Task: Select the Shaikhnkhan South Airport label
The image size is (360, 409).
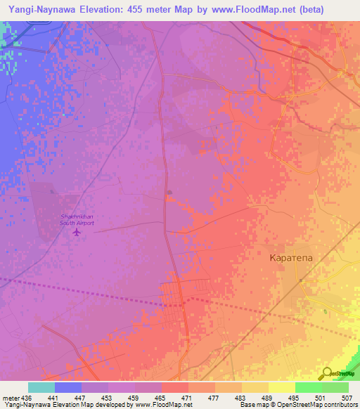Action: tap(76, 219)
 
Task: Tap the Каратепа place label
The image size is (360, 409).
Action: tap(295, 258)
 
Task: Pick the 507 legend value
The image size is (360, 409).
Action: tap(348, 397)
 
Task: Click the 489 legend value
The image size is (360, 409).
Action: tap(268, 397)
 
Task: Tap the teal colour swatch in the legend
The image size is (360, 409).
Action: tap(41, 387)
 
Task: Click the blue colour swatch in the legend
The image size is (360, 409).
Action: tap(68, 387)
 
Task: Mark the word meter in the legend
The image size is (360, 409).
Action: tap(10, 397)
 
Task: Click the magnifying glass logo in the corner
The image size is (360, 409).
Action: tap(327, 373)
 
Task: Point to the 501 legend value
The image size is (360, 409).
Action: tap(321, 397)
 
